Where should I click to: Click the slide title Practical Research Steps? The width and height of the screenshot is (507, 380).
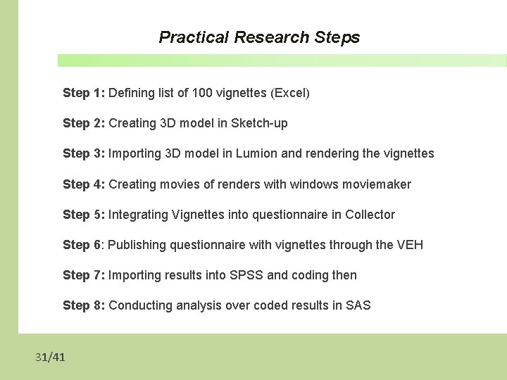click(x=259, y=37)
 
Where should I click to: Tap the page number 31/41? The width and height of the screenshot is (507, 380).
click(x=51, y=357)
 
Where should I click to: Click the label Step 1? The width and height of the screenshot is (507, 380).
click(x=84, y=93)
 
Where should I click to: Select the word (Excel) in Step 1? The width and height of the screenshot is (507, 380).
click(x=290, y=93)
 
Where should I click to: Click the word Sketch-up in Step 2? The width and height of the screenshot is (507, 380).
click(x=259, y=123)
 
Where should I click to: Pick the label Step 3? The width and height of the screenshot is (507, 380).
click(x=84, y=153)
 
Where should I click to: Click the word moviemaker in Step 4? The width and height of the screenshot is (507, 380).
click(x=377, y=184)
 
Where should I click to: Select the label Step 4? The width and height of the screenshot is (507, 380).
click(x=84, y=184)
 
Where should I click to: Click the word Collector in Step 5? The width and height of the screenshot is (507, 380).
click(x=370, y=215)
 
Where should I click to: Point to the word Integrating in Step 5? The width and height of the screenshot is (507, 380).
click(x=139, y=215)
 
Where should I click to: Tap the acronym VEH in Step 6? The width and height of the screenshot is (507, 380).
click(x=410, y=245)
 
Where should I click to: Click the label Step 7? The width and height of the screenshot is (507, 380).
click(x=84, y=275)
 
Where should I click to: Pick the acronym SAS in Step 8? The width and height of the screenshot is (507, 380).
click(x=358, y=305)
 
